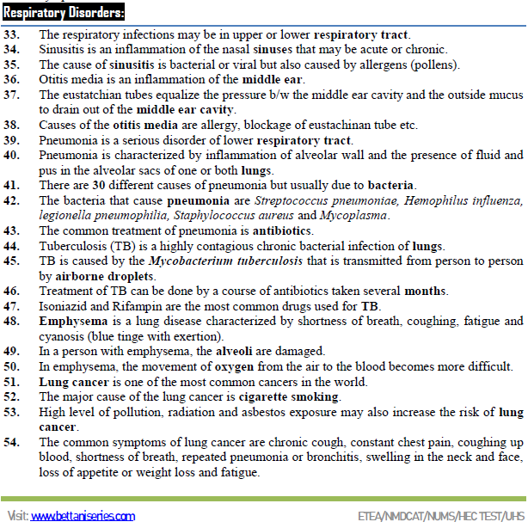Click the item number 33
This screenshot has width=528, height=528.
click(12, 35)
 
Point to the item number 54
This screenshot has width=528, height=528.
click(12, 442)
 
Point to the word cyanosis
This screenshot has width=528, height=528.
click(64, 335)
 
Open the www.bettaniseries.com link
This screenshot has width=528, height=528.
click(83, 517)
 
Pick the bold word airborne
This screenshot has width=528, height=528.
click(66, 275)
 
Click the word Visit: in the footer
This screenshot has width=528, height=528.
click(16, 517)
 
